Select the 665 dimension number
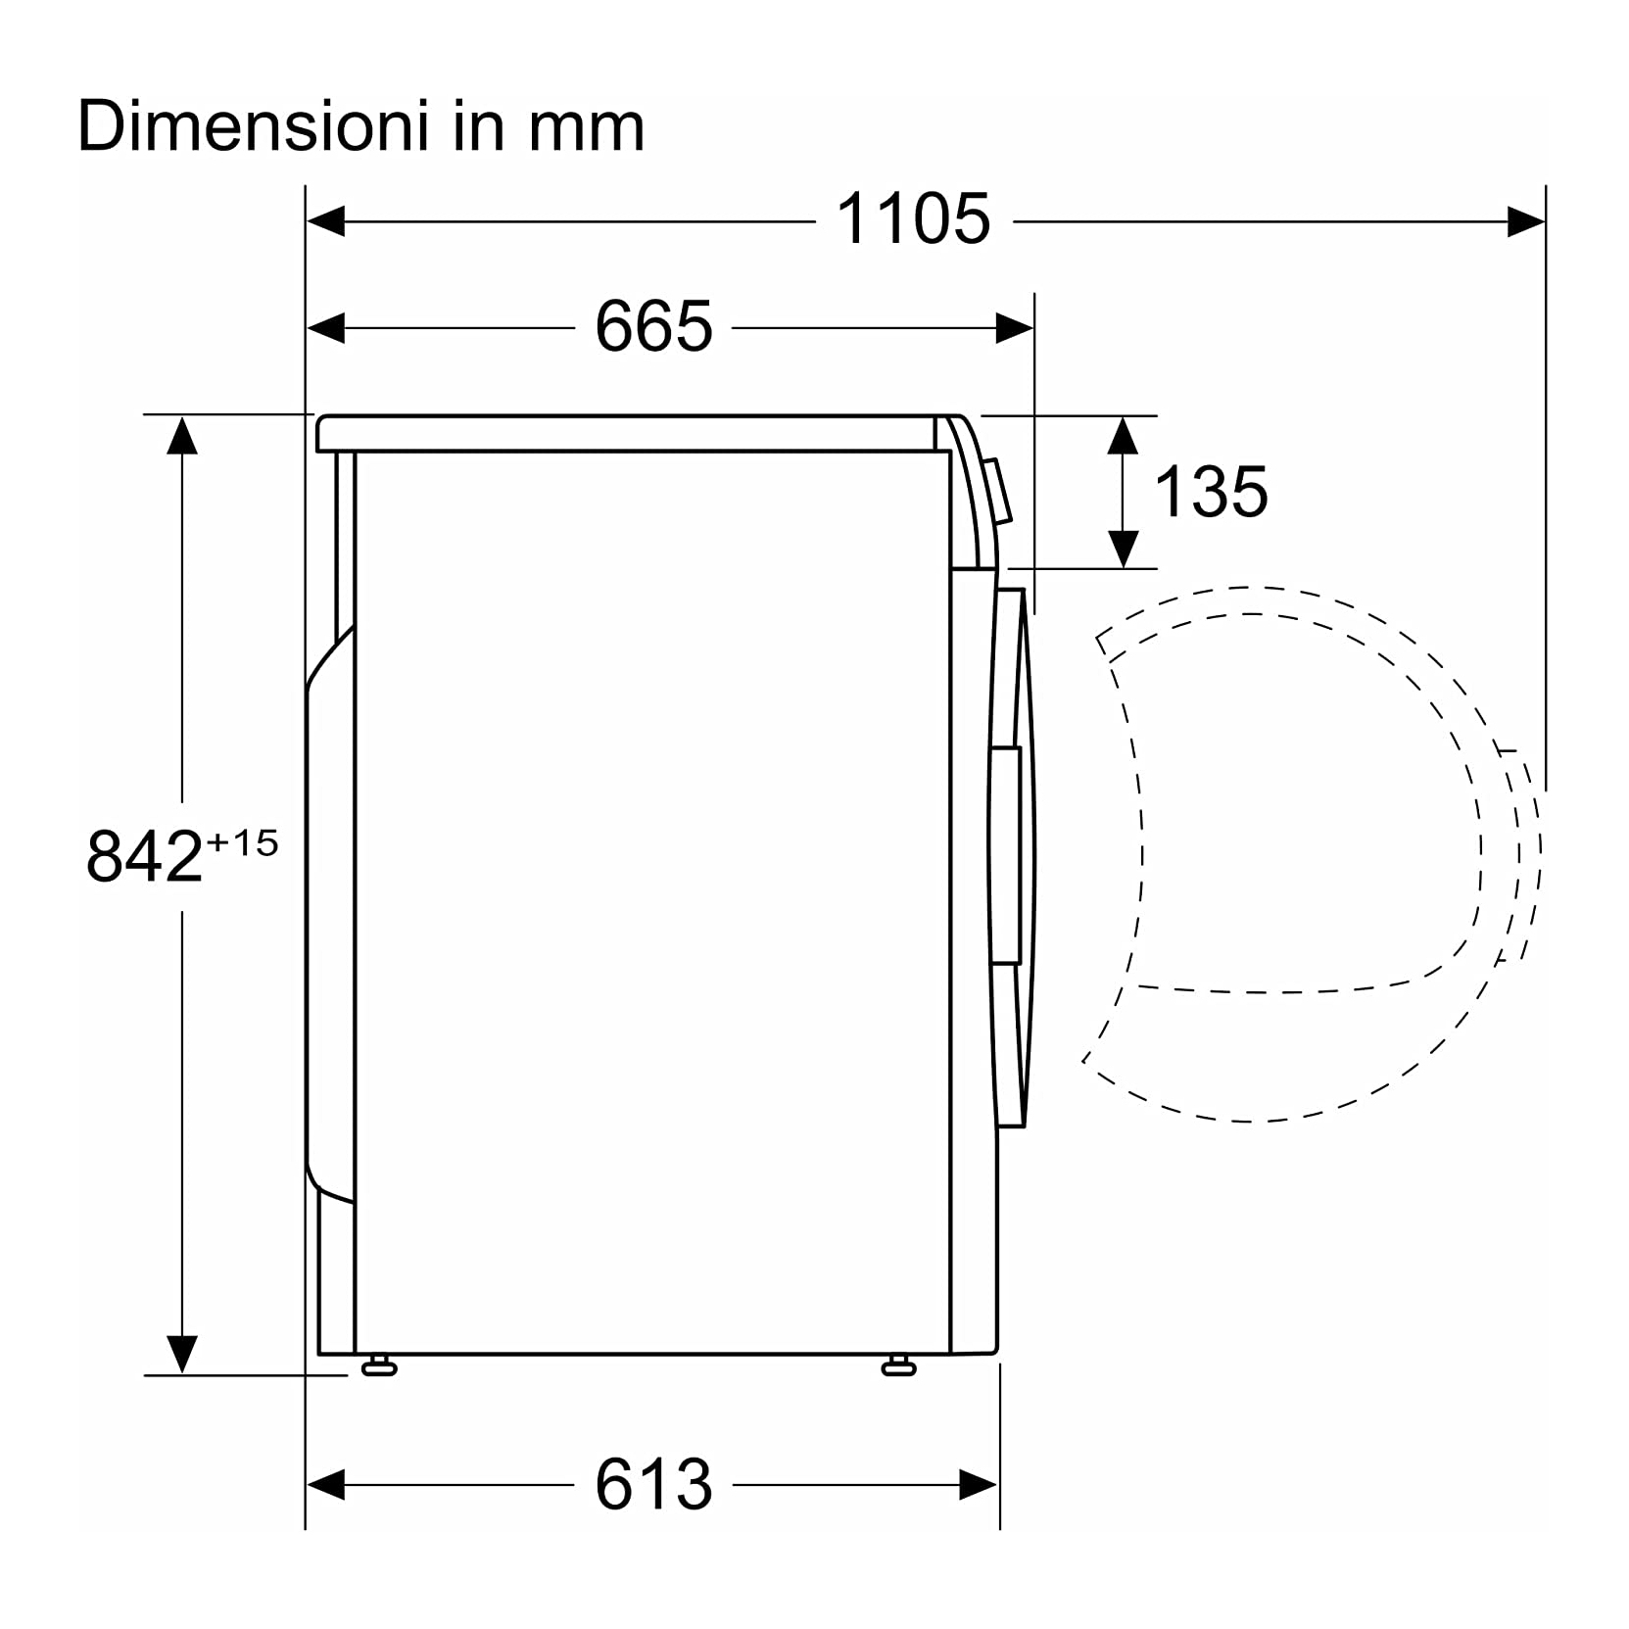(653, 326)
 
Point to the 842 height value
(145, 855)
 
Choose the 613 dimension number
(653, 1485)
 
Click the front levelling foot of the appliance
(898, 1365)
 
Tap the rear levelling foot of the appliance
(379, 1365)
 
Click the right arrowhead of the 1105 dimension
(1526, 221)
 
